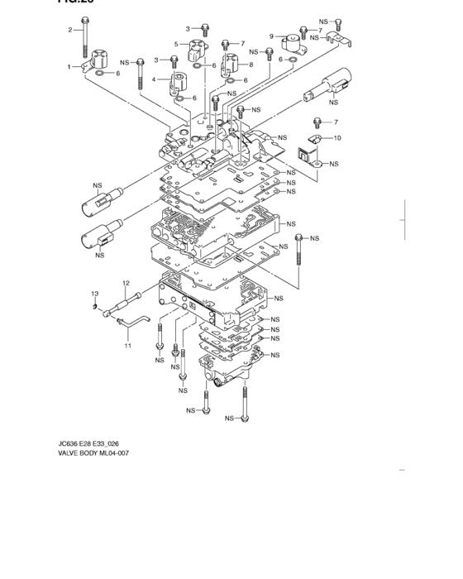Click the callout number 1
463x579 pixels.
pyautogui.click(x=69, y=66)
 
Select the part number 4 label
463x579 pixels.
pyautogui.click(x=154, y=80)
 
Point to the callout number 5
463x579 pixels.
pyautogui.click(x=175, y=44)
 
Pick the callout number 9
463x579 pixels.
pyautogui.click(x=271, y=36)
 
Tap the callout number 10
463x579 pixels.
pyautogui.click(x=337, y=137)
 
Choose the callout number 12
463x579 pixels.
pyautogui.click(x=126, y=283)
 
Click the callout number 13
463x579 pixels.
pyautogui.click(x=94, y=294)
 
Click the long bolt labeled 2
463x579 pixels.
pyautogui.click(x=85, y=41)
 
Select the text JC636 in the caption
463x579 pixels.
pyautogui.click(x=69, y=443)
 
